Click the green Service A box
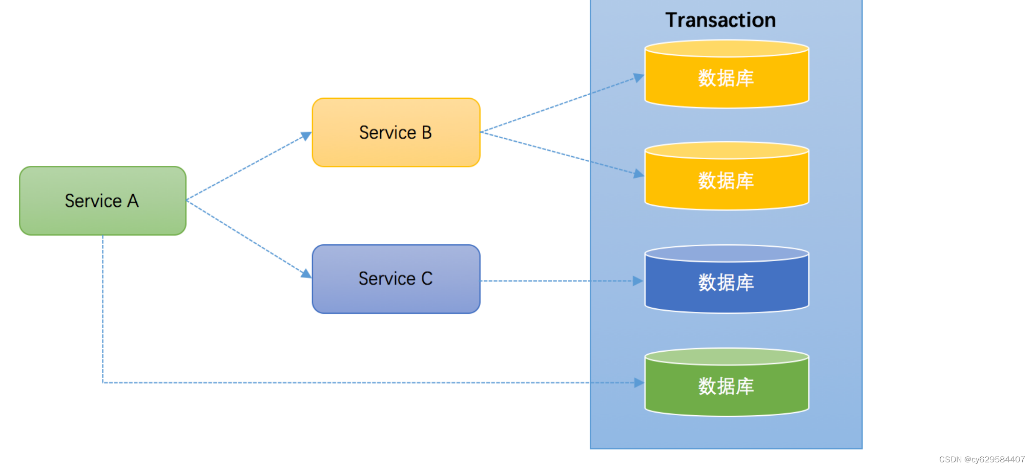(102, 201)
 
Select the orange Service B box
(396, 133)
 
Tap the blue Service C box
(396, 279)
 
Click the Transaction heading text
(720, 20)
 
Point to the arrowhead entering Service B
(306, 136)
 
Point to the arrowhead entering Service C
(306, 274)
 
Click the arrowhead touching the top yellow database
(639, 77)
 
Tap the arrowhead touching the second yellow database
(639, 174)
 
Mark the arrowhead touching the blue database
(638, 281)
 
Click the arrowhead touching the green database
(639, 382)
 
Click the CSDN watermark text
(982, 459)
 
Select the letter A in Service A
(133, 201)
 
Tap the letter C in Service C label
(427, 279)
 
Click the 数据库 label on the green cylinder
(726, 386)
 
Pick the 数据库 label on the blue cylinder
(726, 283)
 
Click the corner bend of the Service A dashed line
(103, 382)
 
